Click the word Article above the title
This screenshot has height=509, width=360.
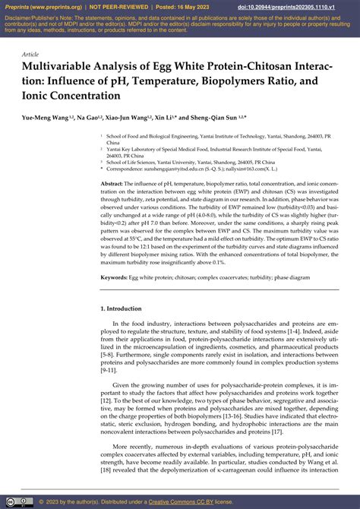click(30, 55)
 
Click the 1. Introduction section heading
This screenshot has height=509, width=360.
click(126, 309)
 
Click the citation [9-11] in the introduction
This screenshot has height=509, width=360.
click(109, 370)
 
